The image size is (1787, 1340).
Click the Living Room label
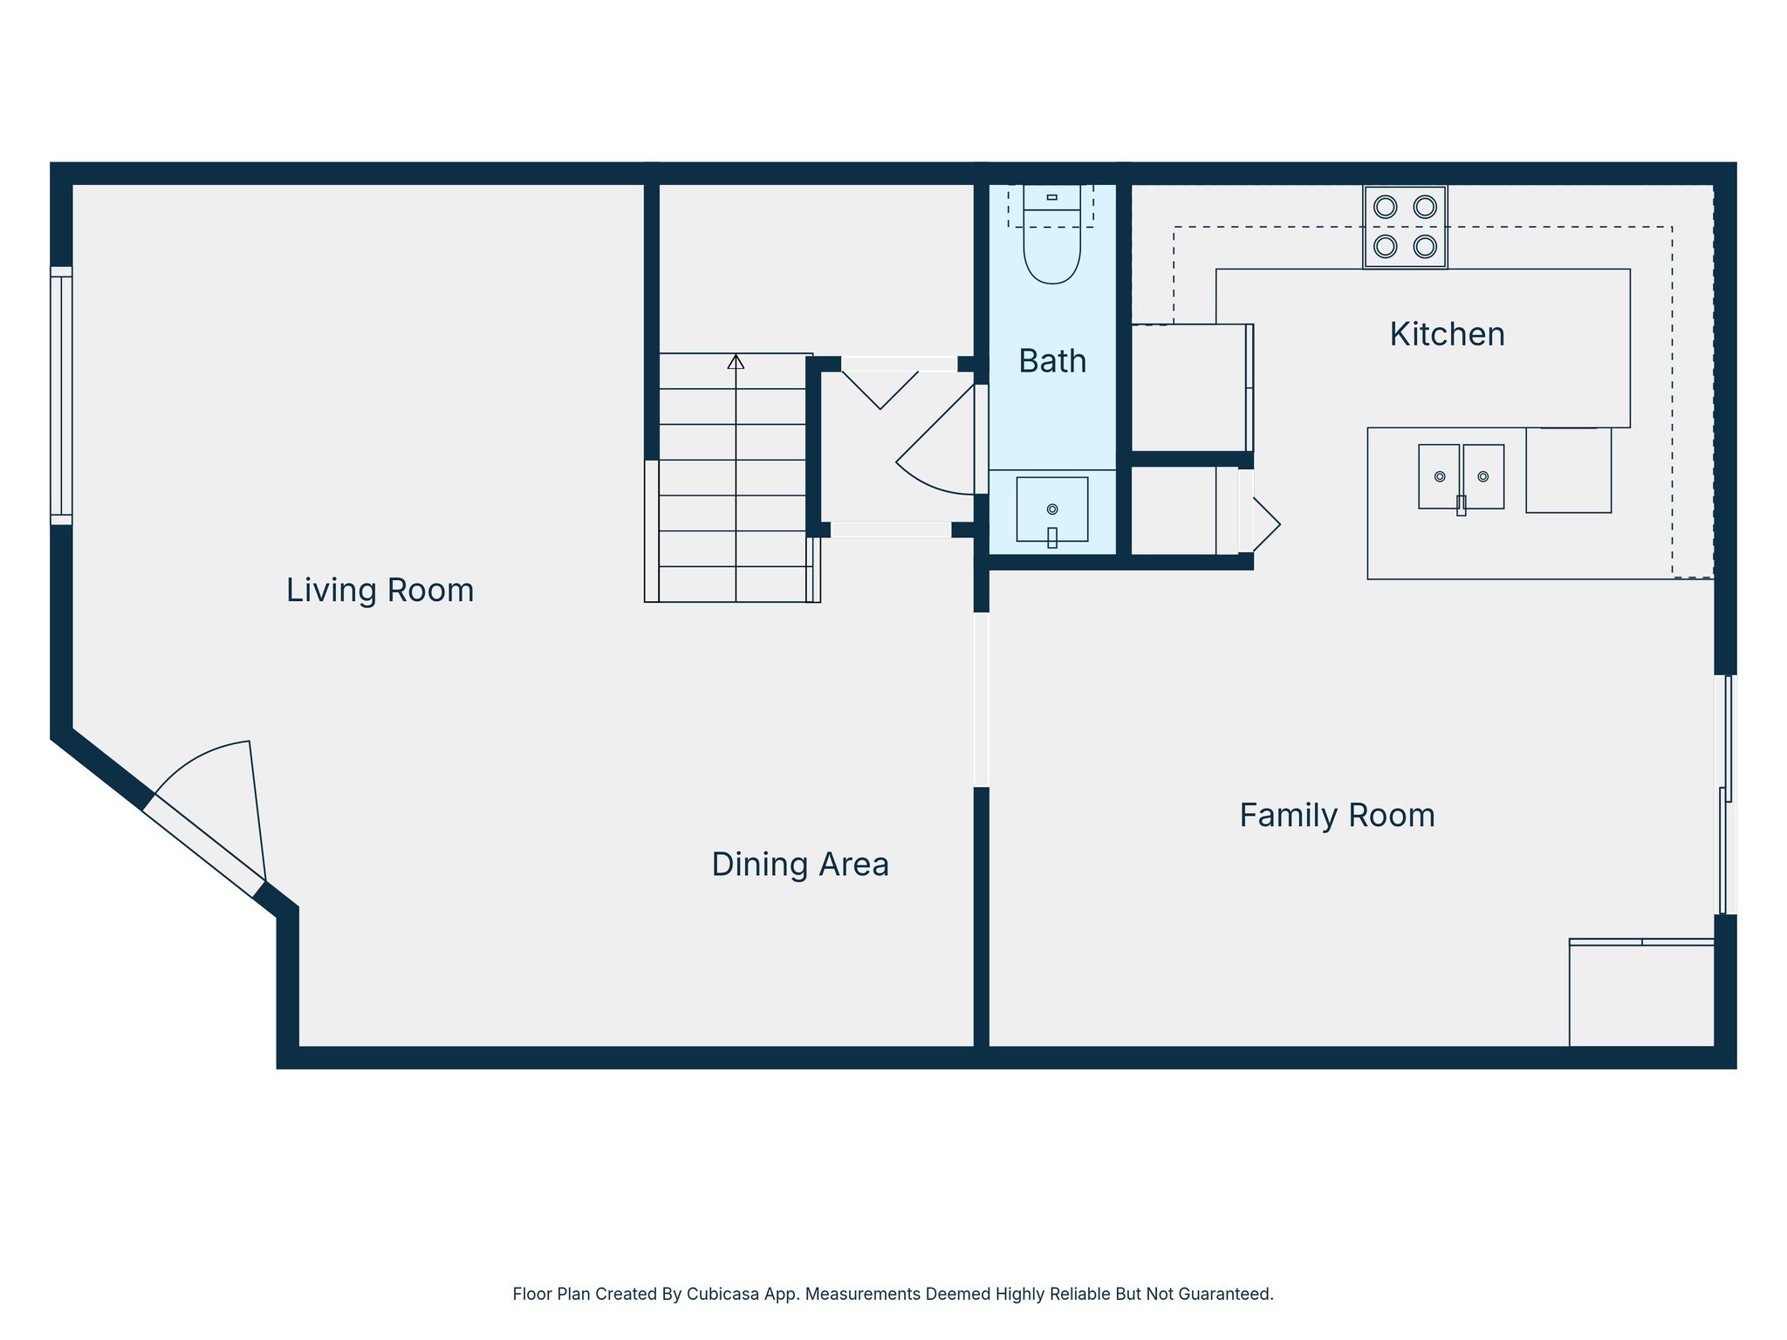380,591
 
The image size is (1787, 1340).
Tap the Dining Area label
799,865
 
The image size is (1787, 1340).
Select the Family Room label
1337,816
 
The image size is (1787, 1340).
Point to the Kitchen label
1447,334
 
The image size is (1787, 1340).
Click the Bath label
1052,361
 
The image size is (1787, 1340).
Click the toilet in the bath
1051,244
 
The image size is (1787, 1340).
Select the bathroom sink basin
1051,509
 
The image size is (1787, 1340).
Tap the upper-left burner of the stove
1385,207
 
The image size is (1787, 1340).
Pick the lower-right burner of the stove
1425,246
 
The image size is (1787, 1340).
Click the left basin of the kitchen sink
1439,476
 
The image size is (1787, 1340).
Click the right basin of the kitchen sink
1483,476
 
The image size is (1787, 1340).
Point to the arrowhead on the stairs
736,361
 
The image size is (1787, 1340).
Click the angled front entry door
203,846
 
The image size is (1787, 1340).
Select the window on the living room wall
61,395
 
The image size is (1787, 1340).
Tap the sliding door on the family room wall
1726,794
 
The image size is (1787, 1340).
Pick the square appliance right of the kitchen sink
1568,470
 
